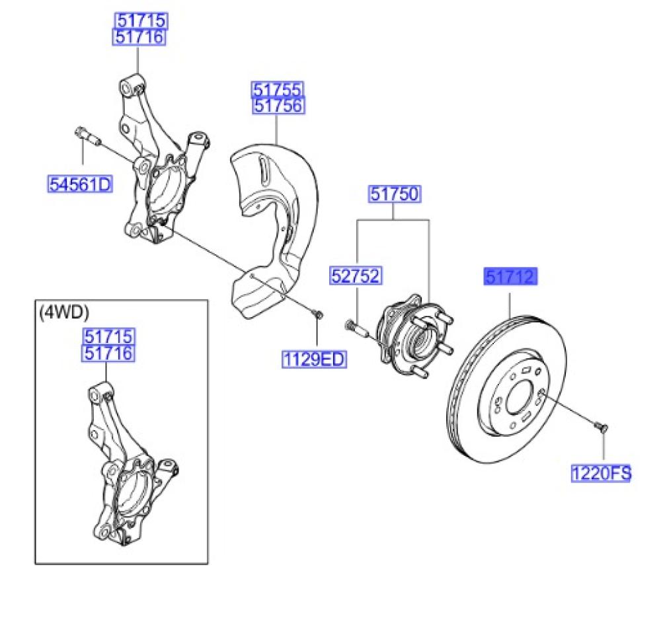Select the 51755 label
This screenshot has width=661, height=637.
[x=276, y=89]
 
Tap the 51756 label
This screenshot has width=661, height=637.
[x=276, y=106]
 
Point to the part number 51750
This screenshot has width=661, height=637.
[x=394, y=194]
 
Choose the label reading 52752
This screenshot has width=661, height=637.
[x=356, y=276]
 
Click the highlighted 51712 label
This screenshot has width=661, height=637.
[x=510, y=276]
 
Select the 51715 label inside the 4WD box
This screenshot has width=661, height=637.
[x=108, y=336]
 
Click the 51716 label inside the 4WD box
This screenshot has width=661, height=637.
[x=108, y=354]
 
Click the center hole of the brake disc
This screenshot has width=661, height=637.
[x=518, y=399]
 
